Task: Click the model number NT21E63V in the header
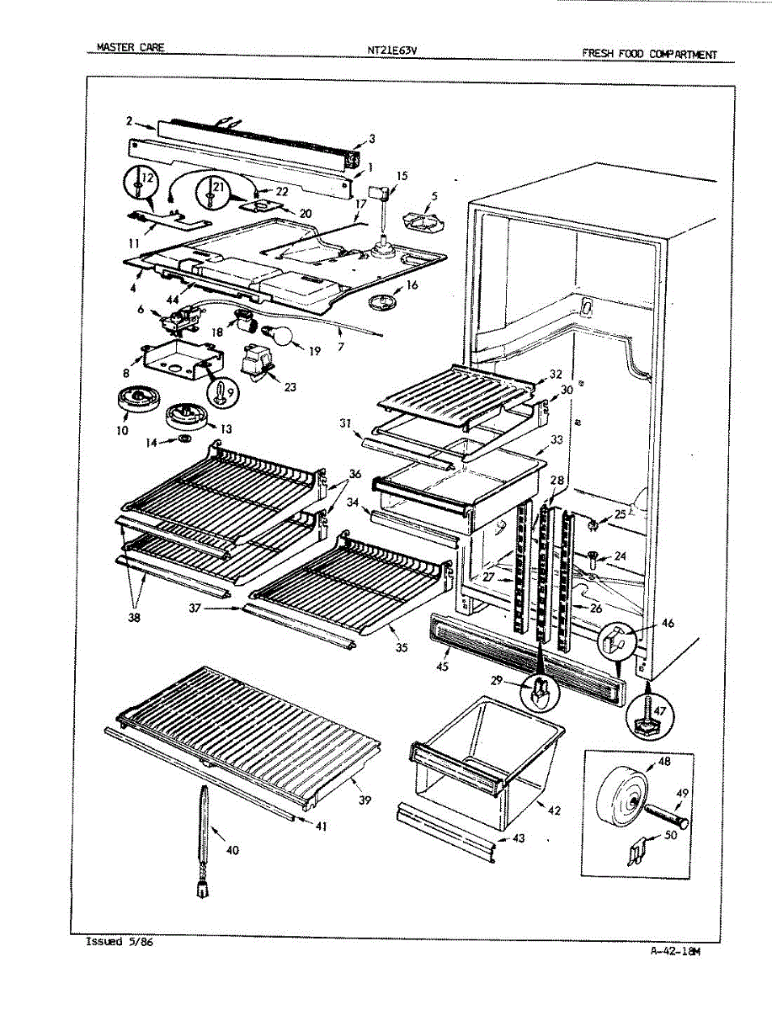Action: click(391, 50)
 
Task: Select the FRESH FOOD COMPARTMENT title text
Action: click(649, 54)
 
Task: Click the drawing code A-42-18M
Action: click(675, 951)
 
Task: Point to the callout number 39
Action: click(364, 800)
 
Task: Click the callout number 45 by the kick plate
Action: click(442, 667)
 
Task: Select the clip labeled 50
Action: click(636, 852)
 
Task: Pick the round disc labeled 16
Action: click(387, 301)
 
